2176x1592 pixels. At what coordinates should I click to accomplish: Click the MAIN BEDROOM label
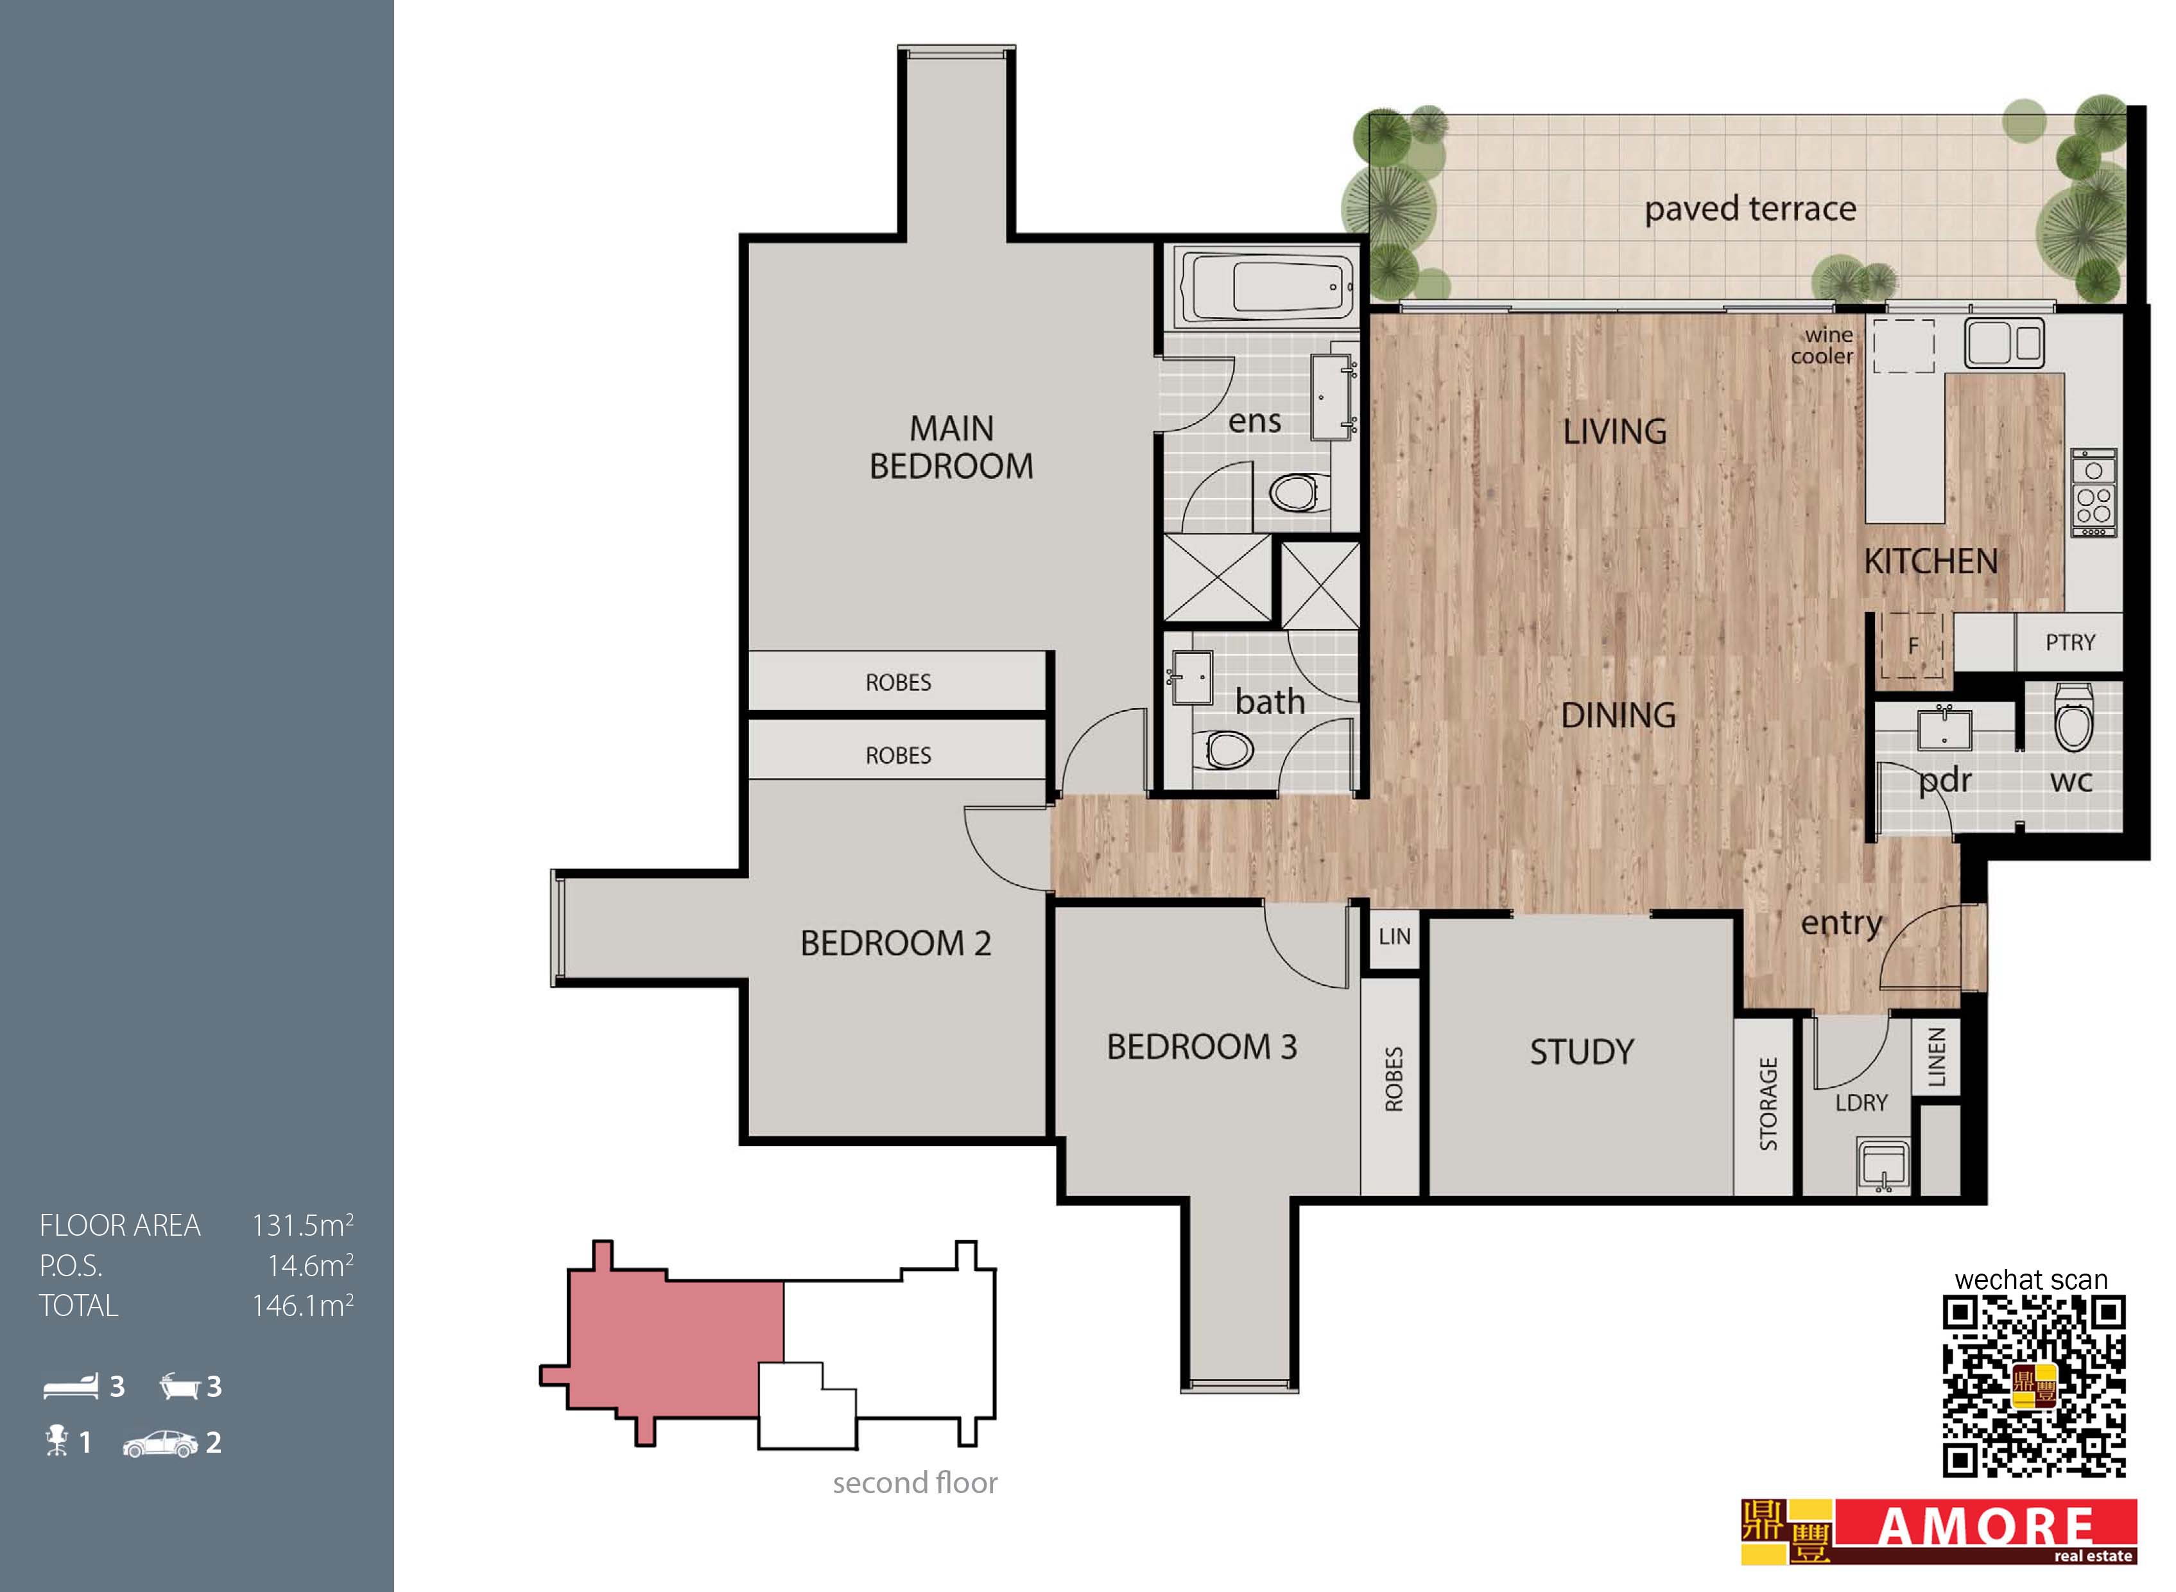(x=951, y=447)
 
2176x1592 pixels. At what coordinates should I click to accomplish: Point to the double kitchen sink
(x=2005, y=342)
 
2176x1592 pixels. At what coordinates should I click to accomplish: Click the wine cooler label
(x=1822, y=346)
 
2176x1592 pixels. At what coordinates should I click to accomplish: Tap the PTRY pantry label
(x=2070, y=643)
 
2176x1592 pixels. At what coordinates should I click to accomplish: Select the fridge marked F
(x=1913, y=645)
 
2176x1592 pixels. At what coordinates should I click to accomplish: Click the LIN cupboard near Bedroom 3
(x=1394, y=936)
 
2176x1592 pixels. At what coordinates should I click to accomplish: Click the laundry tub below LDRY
(x=1884, y=1167)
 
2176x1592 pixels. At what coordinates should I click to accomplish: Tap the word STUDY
(x=1582, y=1051)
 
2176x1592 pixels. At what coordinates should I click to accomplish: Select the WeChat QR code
(x=2034, y=1387)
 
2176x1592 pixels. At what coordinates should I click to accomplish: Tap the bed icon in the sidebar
(x=71, y=1386)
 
